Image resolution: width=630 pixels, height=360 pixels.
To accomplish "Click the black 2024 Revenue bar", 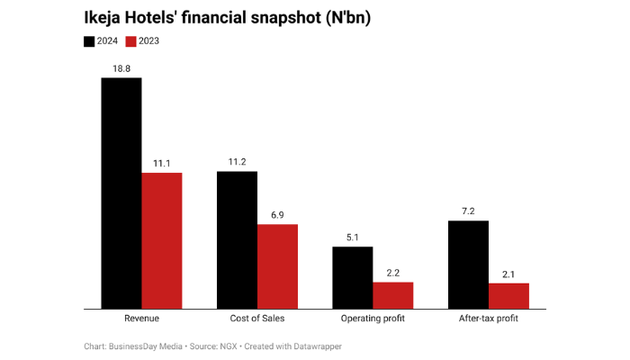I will (121, 193).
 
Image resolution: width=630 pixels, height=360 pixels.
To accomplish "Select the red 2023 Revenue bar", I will (162, 241).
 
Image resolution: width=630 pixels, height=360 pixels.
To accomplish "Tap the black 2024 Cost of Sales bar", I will (237, 240).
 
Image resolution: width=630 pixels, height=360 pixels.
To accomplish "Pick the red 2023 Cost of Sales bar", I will (277, 266).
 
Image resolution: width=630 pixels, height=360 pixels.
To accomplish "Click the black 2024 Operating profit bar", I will (353, 278).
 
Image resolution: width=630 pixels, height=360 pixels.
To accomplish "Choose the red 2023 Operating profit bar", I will (393, 296).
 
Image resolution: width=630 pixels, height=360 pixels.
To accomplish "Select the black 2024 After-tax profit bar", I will (468, 265).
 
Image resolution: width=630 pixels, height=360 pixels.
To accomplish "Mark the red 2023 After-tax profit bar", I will (508, 296).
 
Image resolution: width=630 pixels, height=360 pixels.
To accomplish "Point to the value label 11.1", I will (162, 162).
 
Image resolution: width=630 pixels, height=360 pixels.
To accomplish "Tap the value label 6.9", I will (277, 214).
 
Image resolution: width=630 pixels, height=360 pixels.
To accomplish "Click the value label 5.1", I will (353, 237).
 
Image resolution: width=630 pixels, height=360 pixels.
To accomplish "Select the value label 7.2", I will (468, 211).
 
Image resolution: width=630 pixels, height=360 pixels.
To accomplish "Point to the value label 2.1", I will (508, 273).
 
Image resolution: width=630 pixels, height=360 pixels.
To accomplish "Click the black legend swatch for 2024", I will (89, 41).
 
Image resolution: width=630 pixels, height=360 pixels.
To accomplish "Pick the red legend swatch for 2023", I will (130, 41).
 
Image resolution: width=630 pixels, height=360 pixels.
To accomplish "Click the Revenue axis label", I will (141, 319).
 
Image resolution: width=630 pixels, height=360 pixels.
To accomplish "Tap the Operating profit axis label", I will (373, 319).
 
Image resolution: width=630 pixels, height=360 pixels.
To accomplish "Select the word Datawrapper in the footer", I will (316, 346).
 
